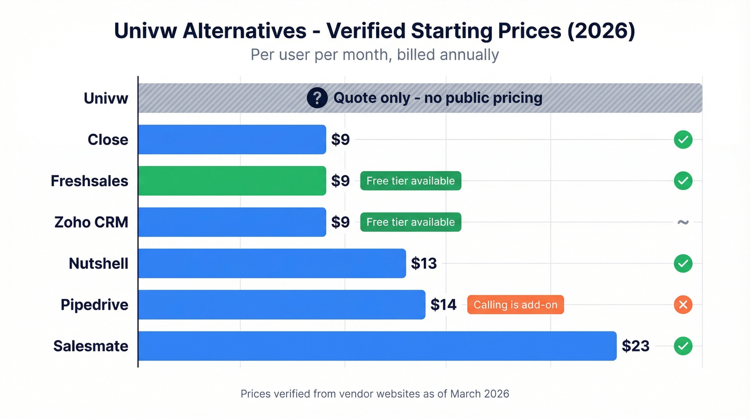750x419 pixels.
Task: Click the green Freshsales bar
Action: click(x=232, y=181)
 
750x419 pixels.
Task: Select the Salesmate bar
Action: click(x=377, y=346)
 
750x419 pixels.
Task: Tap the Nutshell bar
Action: click(x=272, y=263)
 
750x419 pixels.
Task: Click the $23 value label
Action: click(x=635, y=346)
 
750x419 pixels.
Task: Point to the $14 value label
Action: click(x=444, y=305)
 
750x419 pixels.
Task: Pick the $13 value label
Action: click(x=424, y=263)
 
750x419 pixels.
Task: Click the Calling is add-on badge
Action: click(x=515, y=305)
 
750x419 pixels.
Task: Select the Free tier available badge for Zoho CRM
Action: click(x=410, y=222)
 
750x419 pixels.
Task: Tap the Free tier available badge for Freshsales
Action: click(x=410, y=181)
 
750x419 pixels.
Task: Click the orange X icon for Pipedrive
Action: click(x=683, y=305)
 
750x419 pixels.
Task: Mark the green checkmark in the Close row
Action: click(x=683, y=139)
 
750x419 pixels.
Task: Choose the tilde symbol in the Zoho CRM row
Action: click(x=683, y=222)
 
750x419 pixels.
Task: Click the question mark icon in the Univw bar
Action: click(x=317, y=98)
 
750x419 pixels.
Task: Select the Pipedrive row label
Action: click(x=94, y=305)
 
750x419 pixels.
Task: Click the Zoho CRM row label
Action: click(x=91, y=222)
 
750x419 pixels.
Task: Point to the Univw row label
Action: click(x=106, y=98)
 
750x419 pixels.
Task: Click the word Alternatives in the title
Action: click(x=244, y=31)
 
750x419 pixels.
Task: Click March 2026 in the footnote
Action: click(x=479, y=394)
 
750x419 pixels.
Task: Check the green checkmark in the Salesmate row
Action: click(x=683, y=346)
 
